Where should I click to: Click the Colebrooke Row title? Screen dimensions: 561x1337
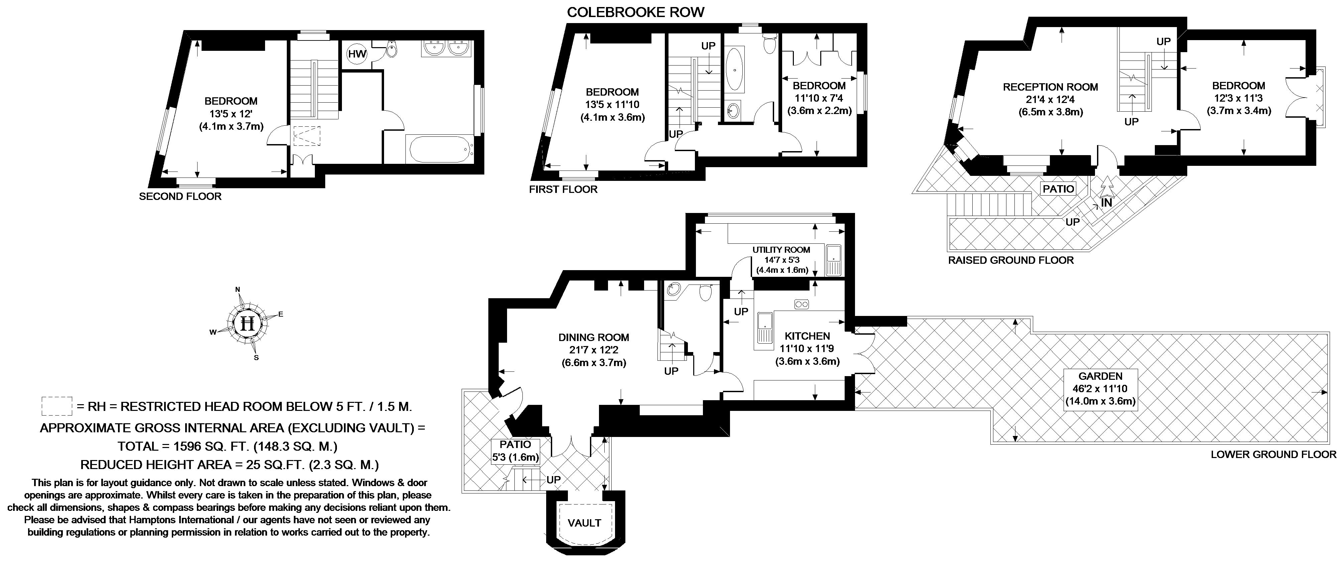(x=635, y=12)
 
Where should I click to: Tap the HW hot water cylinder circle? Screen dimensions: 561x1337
(x=357, y=54)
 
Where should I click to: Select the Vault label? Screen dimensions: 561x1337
(x=584, y=523)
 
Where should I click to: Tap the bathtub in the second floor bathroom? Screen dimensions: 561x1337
(x=440, y=149)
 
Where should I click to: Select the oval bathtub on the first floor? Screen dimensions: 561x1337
(x=733, y=69)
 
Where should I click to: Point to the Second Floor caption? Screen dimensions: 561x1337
(x=180, y=196)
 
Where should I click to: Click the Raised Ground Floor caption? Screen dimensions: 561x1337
(x=1010, y=260)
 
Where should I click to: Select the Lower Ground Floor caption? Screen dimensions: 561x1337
(x=1272, y=455)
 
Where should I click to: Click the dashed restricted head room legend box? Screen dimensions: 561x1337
(x=56, y=406)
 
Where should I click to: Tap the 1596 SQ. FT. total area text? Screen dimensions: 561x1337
(x=227, y=446)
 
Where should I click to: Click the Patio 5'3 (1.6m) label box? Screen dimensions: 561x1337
(x=515, y=450)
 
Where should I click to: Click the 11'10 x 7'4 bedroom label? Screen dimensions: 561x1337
(x=819, y=98)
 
